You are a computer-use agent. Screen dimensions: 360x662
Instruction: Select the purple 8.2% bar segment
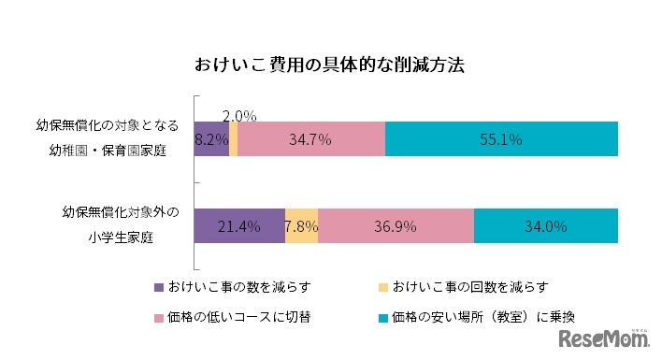[210, 139]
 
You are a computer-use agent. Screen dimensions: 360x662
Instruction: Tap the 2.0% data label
[239, 116]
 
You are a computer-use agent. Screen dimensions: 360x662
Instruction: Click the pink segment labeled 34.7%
[310, 139]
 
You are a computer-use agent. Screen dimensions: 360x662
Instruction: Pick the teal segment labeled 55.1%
[501, 139]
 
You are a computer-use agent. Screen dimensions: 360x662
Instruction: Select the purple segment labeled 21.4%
[238, 225]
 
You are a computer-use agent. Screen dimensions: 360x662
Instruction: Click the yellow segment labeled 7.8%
[301, 225]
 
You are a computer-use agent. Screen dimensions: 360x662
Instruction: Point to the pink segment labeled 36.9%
[396, 225]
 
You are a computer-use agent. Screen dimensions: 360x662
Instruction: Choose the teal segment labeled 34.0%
[546, 225]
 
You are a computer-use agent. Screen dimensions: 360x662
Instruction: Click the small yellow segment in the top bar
[233, 139]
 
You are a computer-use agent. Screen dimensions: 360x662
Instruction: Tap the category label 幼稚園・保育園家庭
[112, 151]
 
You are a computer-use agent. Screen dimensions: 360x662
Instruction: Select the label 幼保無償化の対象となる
[112, 125]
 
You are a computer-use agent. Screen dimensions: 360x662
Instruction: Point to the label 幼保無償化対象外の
[113, 211]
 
